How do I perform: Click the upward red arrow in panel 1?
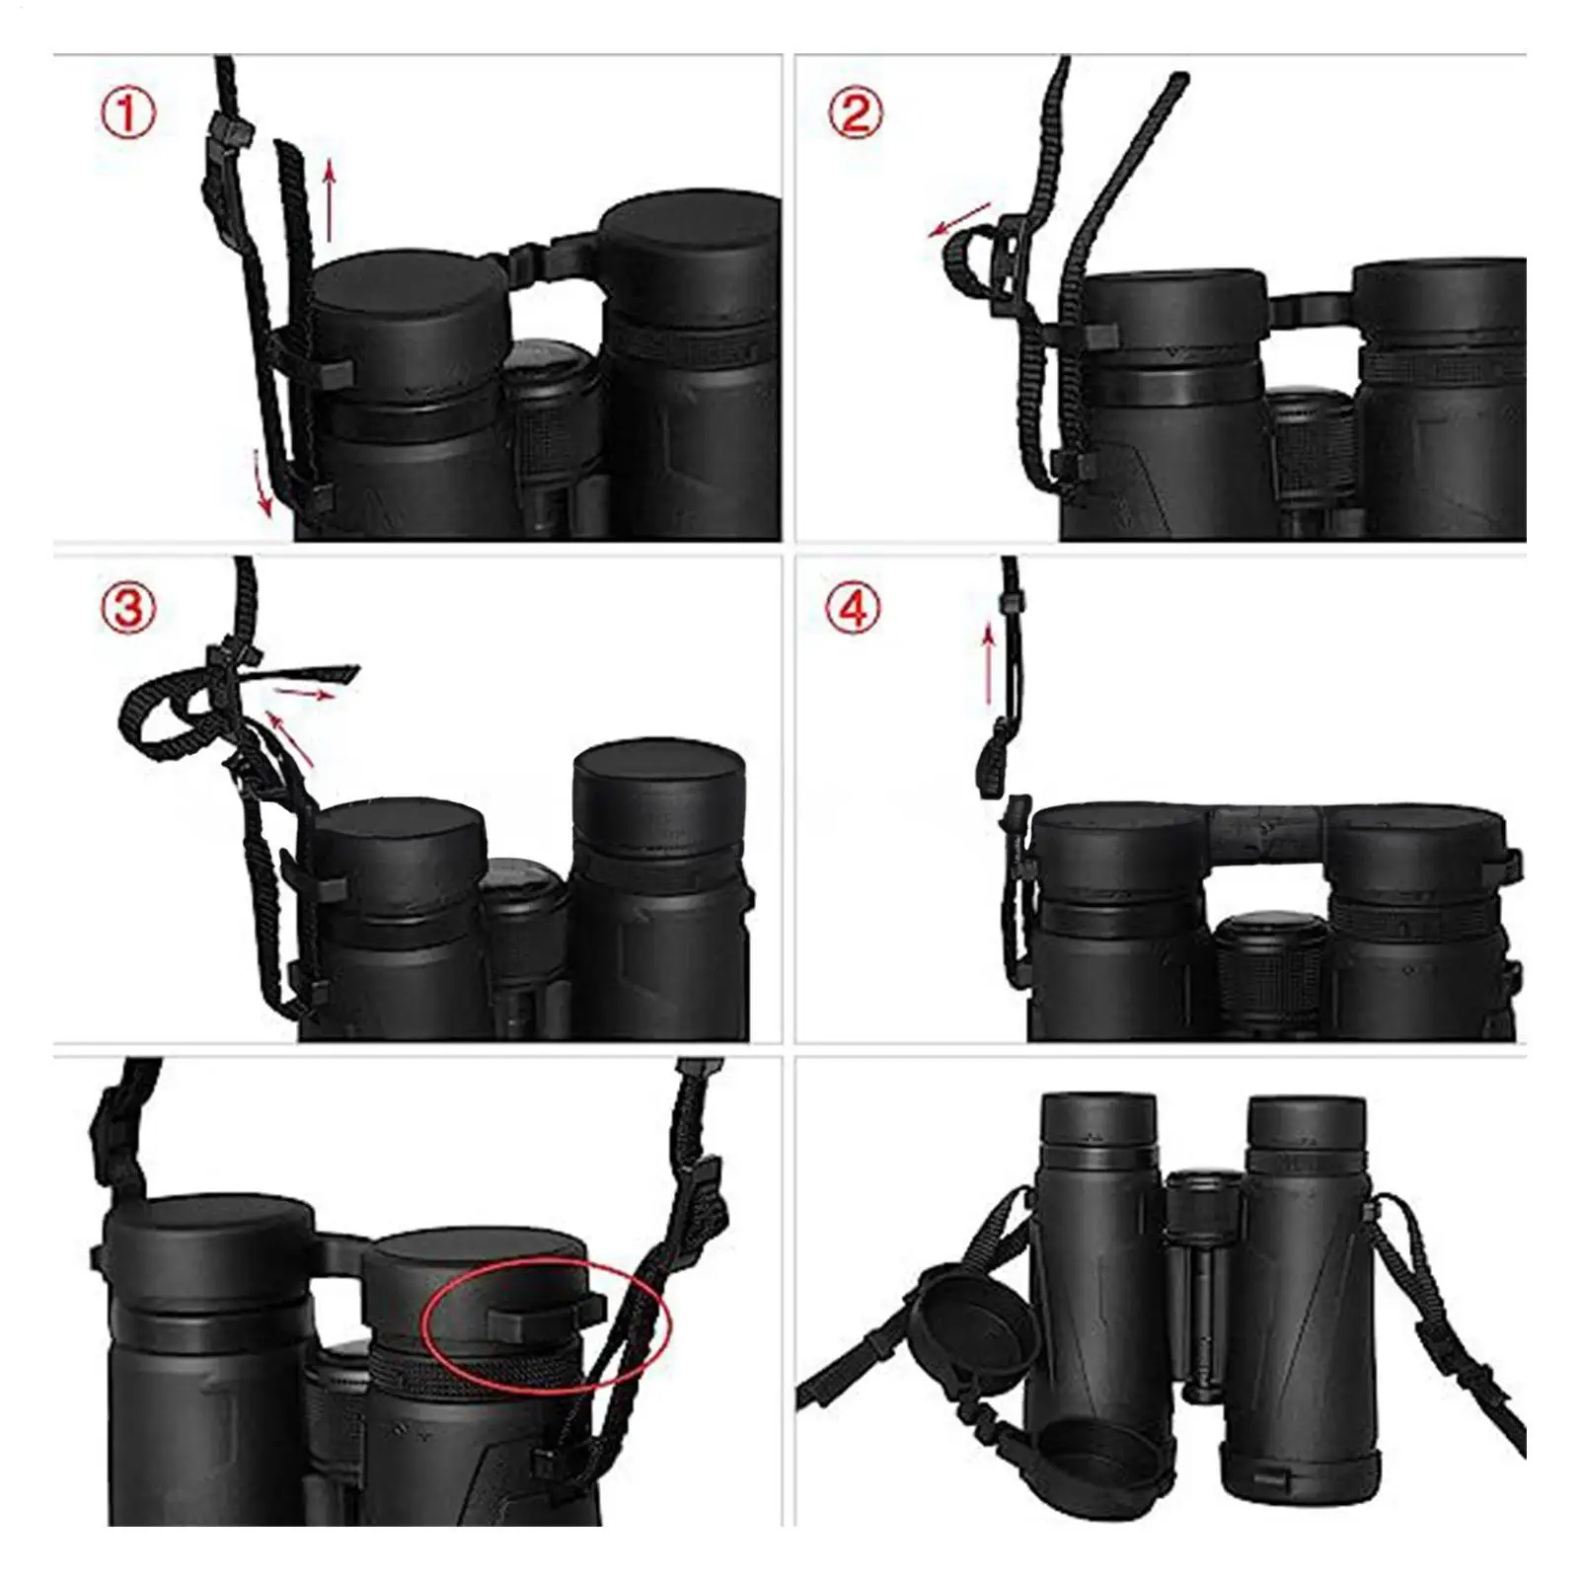click(330, 202)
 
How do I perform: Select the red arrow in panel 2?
click(959, 219)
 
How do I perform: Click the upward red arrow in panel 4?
click(987, 667)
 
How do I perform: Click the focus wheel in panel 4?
click(1269, 972)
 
